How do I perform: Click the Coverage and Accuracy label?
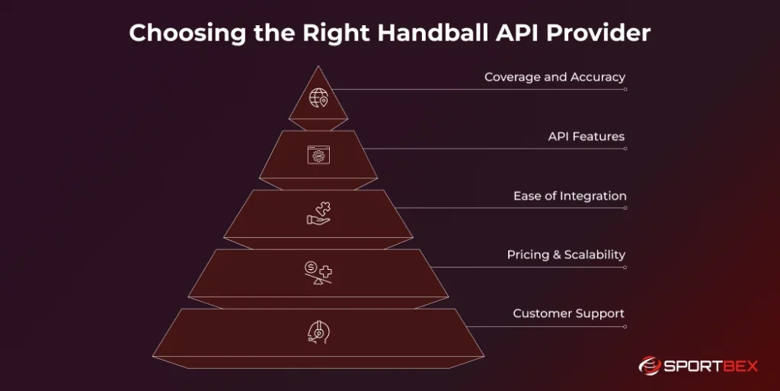[555, 77]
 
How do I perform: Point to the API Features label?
[586, 136]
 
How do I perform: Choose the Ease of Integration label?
[569, 196]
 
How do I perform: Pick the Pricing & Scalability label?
[566, 255]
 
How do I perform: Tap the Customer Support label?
[568, 313]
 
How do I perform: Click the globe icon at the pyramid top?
[318, 98]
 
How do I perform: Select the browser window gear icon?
[318, 155]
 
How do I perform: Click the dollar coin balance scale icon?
[318, 272]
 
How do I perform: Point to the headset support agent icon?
[318, 332]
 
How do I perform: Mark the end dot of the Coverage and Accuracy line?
[625, 89]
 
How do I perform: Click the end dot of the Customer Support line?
[625, 326]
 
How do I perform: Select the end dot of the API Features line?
[625, 149]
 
